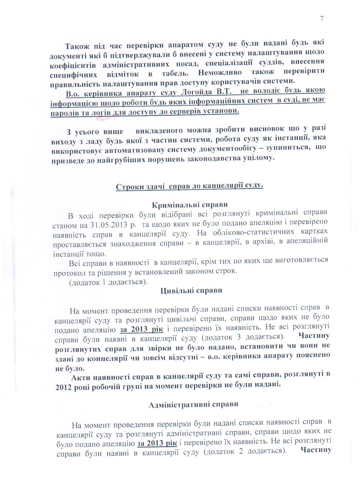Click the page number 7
[x=322, y=19]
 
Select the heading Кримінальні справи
[x=190, y=205]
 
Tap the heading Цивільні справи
[x=191, y=290]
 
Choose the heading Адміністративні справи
[x=193, y=404]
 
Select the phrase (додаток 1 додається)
[x=109, y=282]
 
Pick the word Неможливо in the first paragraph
[x=220, y=72]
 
